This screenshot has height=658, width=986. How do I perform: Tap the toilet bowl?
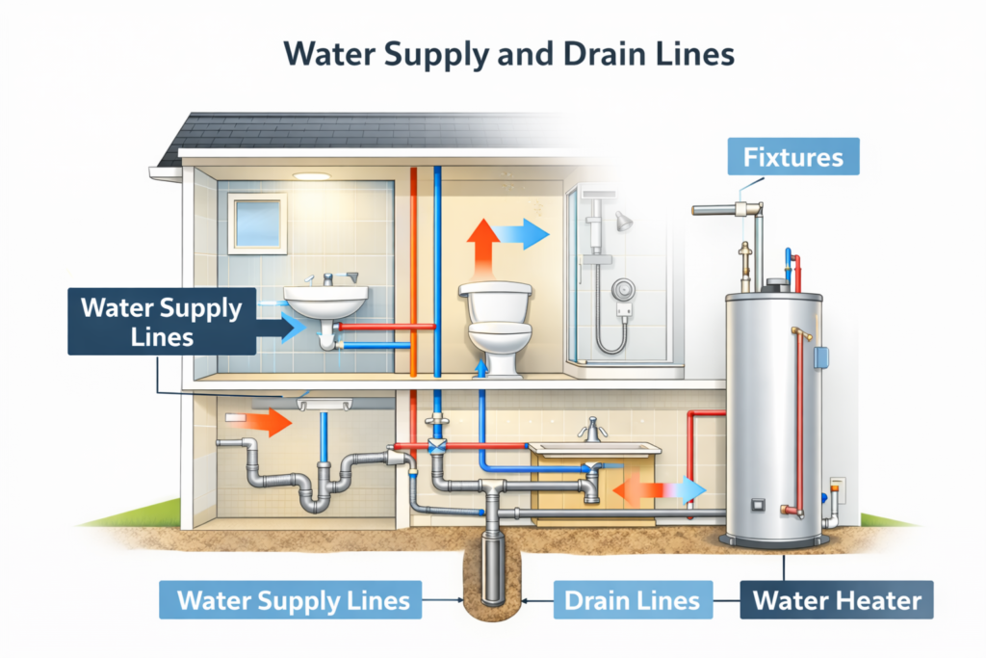499,337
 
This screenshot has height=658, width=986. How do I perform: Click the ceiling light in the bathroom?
310,175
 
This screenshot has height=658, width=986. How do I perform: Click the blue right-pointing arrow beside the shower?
526,234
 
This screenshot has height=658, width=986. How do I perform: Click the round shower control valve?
626,287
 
